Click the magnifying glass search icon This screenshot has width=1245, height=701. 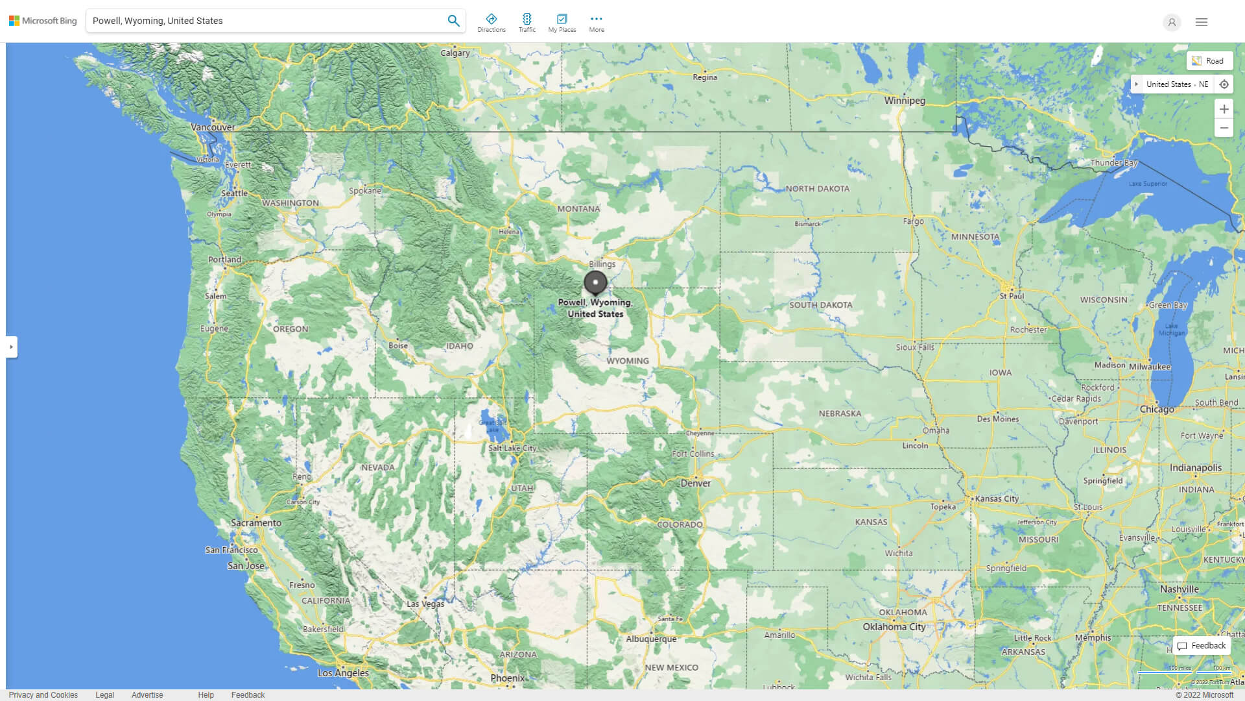453,21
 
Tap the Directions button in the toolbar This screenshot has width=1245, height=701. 491,23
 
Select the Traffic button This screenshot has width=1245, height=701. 527,23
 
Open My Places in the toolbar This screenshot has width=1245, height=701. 562,23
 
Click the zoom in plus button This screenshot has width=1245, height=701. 1224,109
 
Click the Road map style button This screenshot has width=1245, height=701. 1209,61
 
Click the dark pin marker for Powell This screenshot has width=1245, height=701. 595,282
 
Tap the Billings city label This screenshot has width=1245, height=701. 602,264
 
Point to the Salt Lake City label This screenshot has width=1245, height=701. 512,448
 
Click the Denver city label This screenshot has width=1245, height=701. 696,484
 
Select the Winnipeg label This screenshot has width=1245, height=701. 905,101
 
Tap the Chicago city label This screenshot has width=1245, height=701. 1157,410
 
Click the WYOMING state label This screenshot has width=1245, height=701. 627,361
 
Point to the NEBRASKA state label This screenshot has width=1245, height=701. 840,413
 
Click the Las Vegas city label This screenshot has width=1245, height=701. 425,604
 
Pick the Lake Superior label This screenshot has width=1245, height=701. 1148,184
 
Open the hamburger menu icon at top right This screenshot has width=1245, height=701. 1201,22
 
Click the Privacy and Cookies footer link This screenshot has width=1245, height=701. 43,695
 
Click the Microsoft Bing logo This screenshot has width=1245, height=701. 43,21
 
